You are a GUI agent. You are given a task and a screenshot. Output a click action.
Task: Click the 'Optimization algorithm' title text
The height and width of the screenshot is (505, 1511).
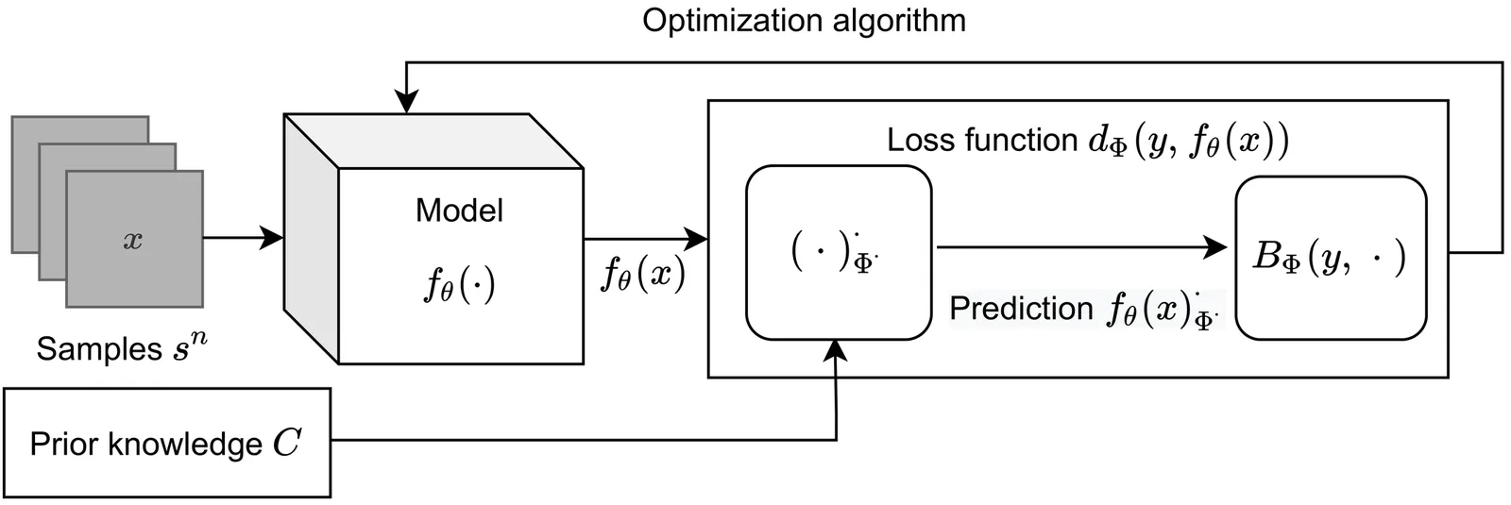tap(804, 21)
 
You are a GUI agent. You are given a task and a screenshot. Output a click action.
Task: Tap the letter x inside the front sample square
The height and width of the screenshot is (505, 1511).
tap(133, 241)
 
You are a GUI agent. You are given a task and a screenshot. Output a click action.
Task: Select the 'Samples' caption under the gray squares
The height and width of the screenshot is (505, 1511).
tap(99, 349)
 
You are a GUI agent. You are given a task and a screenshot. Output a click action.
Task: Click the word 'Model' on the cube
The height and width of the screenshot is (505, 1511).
tap(459, 210)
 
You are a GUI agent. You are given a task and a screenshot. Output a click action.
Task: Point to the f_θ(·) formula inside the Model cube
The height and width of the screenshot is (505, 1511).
tap(459, 283)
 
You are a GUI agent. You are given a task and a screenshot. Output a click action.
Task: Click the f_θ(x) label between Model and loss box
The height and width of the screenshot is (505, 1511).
tap(643, 275)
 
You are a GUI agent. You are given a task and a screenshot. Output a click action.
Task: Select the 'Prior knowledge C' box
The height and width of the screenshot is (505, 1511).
tap(167, 443)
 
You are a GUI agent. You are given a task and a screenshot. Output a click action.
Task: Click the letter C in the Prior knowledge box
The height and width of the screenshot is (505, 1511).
tap(286, 443)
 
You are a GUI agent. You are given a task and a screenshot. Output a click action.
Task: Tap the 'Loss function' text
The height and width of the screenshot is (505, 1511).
tap(981, 141)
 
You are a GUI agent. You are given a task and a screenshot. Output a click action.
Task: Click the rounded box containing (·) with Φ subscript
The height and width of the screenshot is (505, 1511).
tap(838, 252)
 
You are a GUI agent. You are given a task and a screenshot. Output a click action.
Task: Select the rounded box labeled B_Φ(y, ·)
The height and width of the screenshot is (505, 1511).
tap(1330, 257)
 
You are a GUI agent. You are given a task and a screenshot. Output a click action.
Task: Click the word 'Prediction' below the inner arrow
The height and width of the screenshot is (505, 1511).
tap(1020, 309)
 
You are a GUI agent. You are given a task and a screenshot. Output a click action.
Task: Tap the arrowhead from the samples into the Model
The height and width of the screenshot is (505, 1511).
tap(273, 238)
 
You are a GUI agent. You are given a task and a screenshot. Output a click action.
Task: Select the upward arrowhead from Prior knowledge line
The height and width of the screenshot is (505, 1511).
tap(836, 350)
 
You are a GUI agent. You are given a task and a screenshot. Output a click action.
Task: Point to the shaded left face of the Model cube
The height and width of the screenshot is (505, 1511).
tap(311, 236)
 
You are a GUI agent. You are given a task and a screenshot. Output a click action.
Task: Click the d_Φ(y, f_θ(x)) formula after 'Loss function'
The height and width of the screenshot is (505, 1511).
tap(1188, 142)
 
